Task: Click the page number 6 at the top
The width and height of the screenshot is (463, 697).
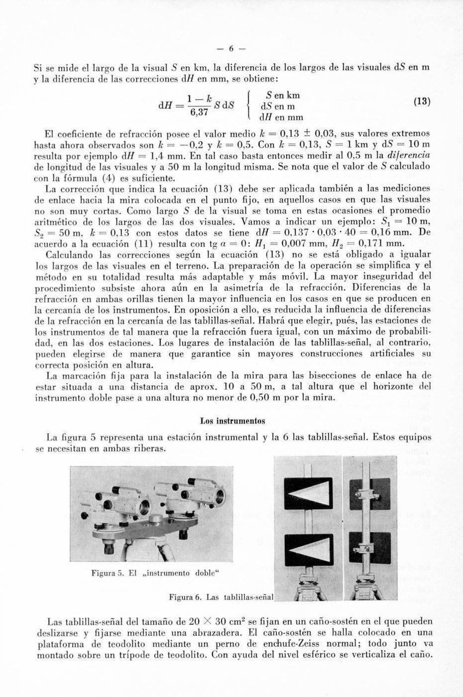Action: pyautogui.click(x=231, y=49)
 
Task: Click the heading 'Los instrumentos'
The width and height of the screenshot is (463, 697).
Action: pyautogui.click(x=232, y=421)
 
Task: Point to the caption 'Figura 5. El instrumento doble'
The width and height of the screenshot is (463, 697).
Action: pyautogui.click(x=155, y=573)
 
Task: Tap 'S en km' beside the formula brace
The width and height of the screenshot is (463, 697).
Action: pyautogui.click(x=283, y=95)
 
